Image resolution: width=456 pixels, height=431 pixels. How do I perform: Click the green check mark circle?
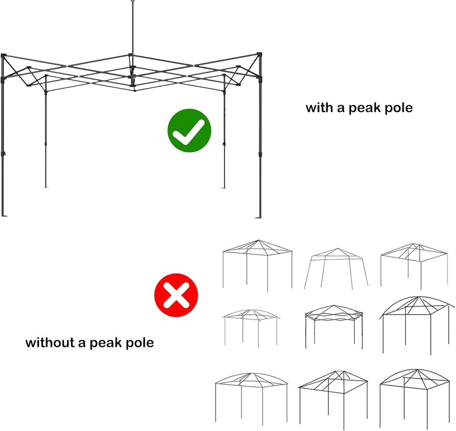click(189, 130)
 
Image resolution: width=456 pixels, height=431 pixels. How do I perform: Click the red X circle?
click(176, 295)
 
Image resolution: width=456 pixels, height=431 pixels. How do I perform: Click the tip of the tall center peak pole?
click(133, 1)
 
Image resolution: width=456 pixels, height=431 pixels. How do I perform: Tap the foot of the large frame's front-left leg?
click(4, 216)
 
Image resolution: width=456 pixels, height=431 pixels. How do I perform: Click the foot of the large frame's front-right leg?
click(259, 217)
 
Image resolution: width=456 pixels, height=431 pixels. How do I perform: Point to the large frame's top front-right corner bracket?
click(260, 55)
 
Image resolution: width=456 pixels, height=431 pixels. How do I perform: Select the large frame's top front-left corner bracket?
click(3, 56)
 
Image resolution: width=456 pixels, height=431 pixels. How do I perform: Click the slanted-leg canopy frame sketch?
click(336, 269)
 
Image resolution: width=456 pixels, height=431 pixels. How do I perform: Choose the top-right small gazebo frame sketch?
click(414, 266)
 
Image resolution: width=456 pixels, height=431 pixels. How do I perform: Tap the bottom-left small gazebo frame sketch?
click(251, 401)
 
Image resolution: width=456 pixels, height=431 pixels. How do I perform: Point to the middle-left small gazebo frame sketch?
click(251, 328)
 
